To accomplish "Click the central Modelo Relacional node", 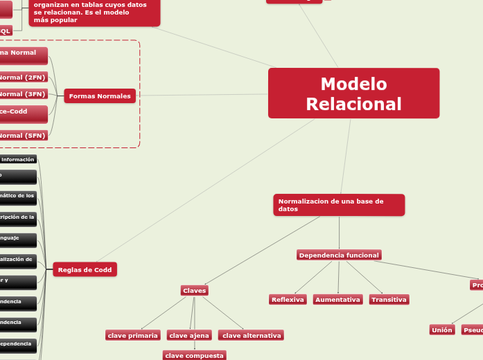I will tap(353, 93).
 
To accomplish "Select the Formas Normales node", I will tap(100, 96).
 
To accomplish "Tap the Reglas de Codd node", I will tap(85, 269).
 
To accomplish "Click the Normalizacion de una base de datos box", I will tap(338, 205).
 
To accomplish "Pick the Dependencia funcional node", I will tap(338, 255).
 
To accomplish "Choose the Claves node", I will tap(194, 291).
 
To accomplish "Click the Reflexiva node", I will tap(288, 300).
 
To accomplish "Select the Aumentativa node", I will tap(337, 300).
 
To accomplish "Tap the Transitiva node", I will tap(388, 300).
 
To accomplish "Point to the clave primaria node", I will tap(133, 336).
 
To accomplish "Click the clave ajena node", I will tap(189, 336).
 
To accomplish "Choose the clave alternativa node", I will tap(251, 336).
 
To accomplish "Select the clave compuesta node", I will tap(194, 356).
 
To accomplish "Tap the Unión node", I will tap(441, 330).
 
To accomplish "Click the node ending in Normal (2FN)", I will tap(23, 78).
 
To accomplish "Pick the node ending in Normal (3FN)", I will tap(23, 94).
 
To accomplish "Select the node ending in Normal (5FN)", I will tap(23, 136).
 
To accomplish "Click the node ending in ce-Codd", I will tap(23, 111).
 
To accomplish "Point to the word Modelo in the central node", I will tap(353, 84).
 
